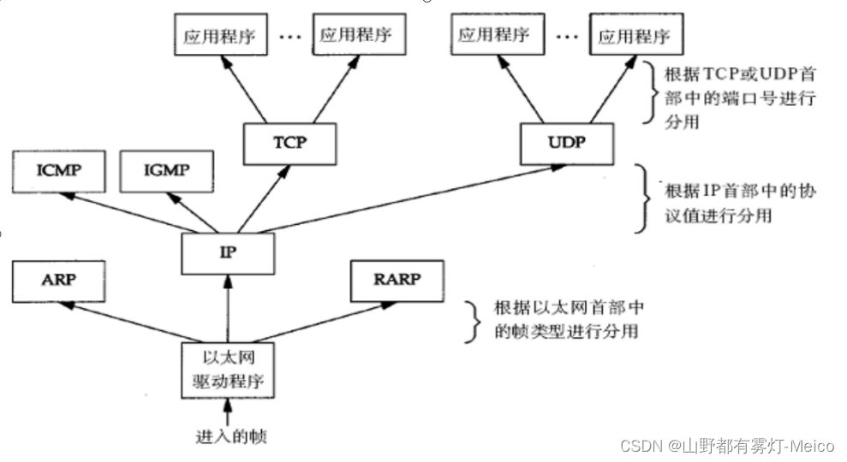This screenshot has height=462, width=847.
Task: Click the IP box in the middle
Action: click(227, 253)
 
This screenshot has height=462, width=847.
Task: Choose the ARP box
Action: click(57, 282)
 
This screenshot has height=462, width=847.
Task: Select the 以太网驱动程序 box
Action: click(228, 369)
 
